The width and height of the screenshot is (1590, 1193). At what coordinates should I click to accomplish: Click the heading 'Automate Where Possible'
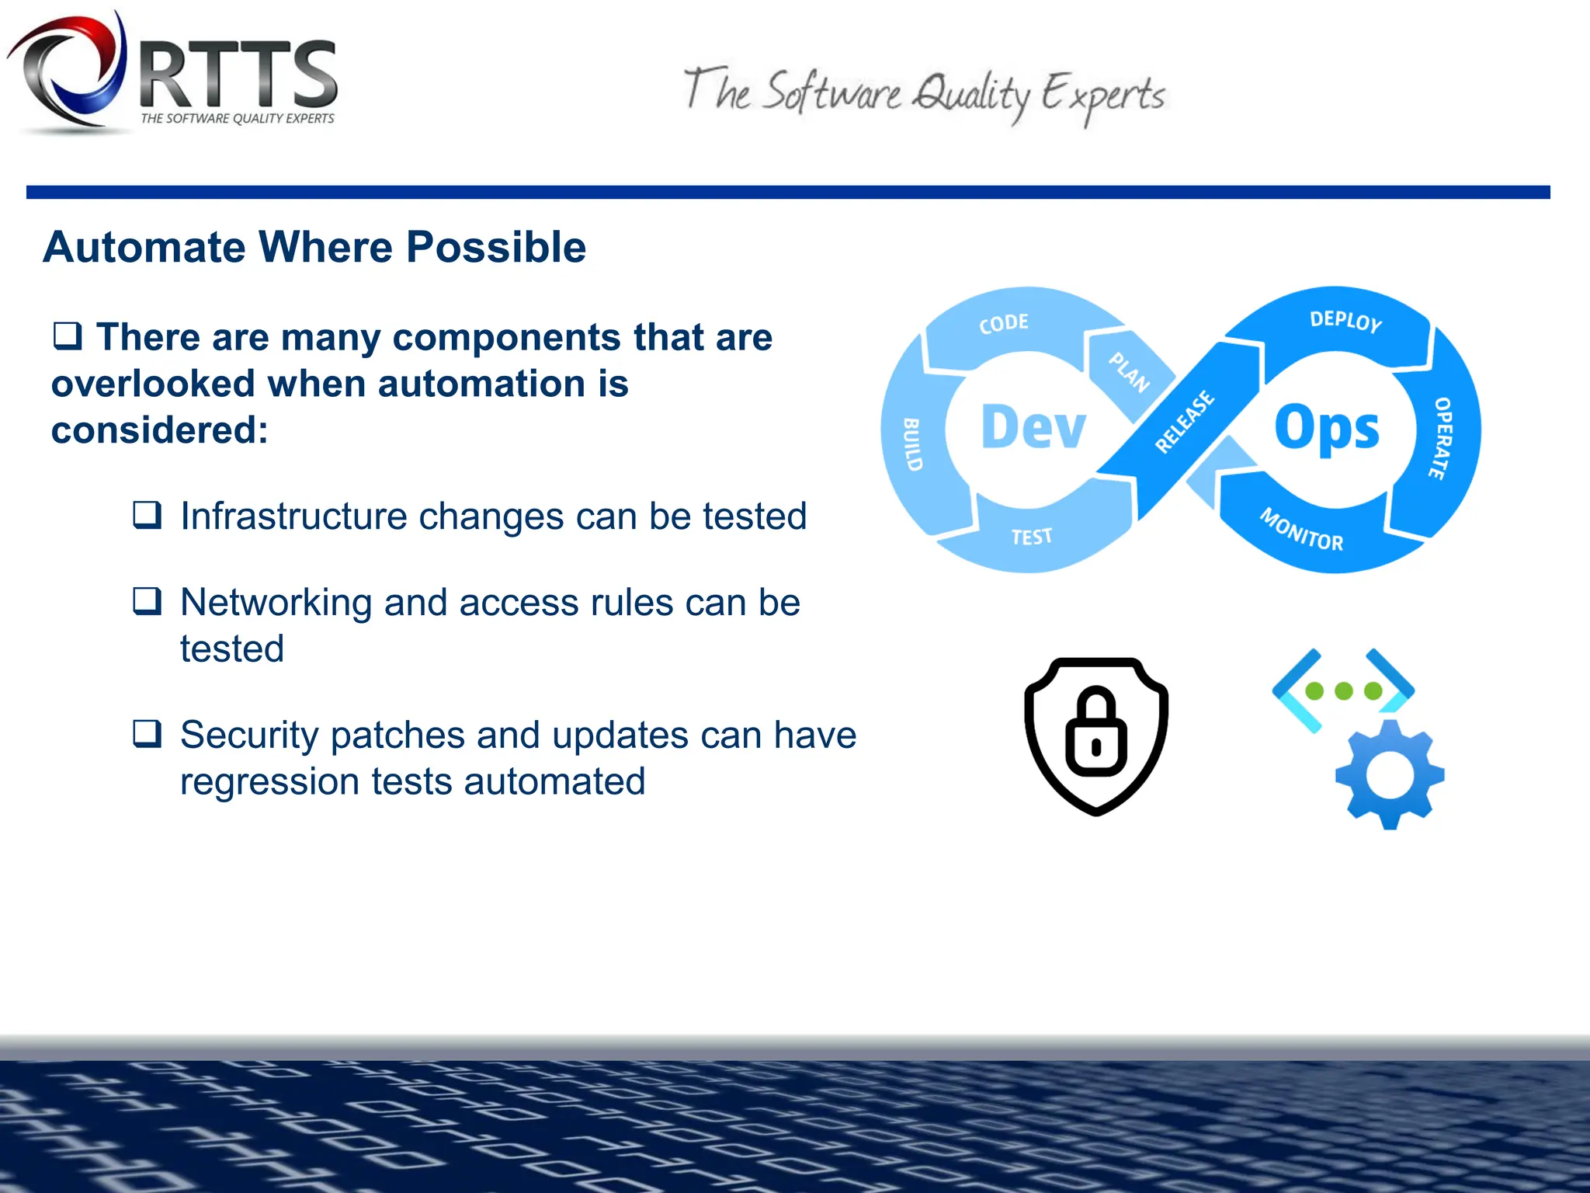pyautogui.click(x=314, y=247)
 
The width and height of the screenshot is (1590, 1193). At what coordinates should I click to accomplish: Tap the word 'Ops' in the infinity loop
pyautogui.click(x=1327, y=428)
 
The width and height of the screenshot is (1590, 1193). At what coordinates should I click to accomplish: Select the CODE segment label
pyautogui.click(x=1004, y=323)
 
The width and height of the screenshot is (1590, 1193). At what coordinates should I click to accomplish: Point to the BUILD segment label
pyautogui.click(x=913, y=444)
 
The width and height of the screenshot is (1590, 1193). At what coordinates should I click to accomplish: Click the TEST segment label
pyautogui.click(x=1032, y=537)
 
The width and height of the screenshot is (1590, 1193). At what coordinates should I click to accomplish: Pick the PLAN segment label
pyautogui.click(x=1129, y=372)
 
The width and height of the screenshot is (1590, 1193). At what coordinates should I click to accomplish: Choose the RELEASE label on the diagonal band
pyautogui.click(x=1184, y=422)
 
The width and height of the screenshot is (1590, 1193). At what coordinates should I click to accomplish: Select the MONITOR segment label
pyautogui.click(x=1301, y=530)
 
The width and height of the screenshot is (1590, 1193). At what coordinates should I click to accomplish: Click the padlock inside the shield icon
pyautogui.click(x=1095, y=732)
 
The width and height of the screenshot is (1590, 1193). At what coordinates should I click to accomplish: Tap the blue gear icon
pyautogui.click(x=1390, y=774)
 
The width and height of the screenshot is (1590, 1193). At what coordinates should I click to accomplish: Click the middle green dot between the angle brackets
pyautogui.click(x=1344, y=690)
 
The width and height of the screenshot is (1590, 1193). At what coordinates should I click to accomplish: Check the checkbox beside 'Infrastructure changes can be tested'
pyautogui.click(x=147, y=515)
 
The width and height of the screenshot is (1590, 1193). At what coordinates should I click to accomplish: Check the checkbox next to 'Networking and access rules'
pyautogui.click(x=147, y=601)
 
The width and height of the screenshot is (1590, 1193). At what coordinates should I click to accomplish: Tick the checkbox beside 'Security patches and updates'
pyautogui.click(x=147, y=733)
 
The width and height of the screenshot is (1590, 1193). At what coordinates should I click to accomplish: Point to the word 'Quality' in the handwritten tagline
pyautogui.click(x=970, y=96)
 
